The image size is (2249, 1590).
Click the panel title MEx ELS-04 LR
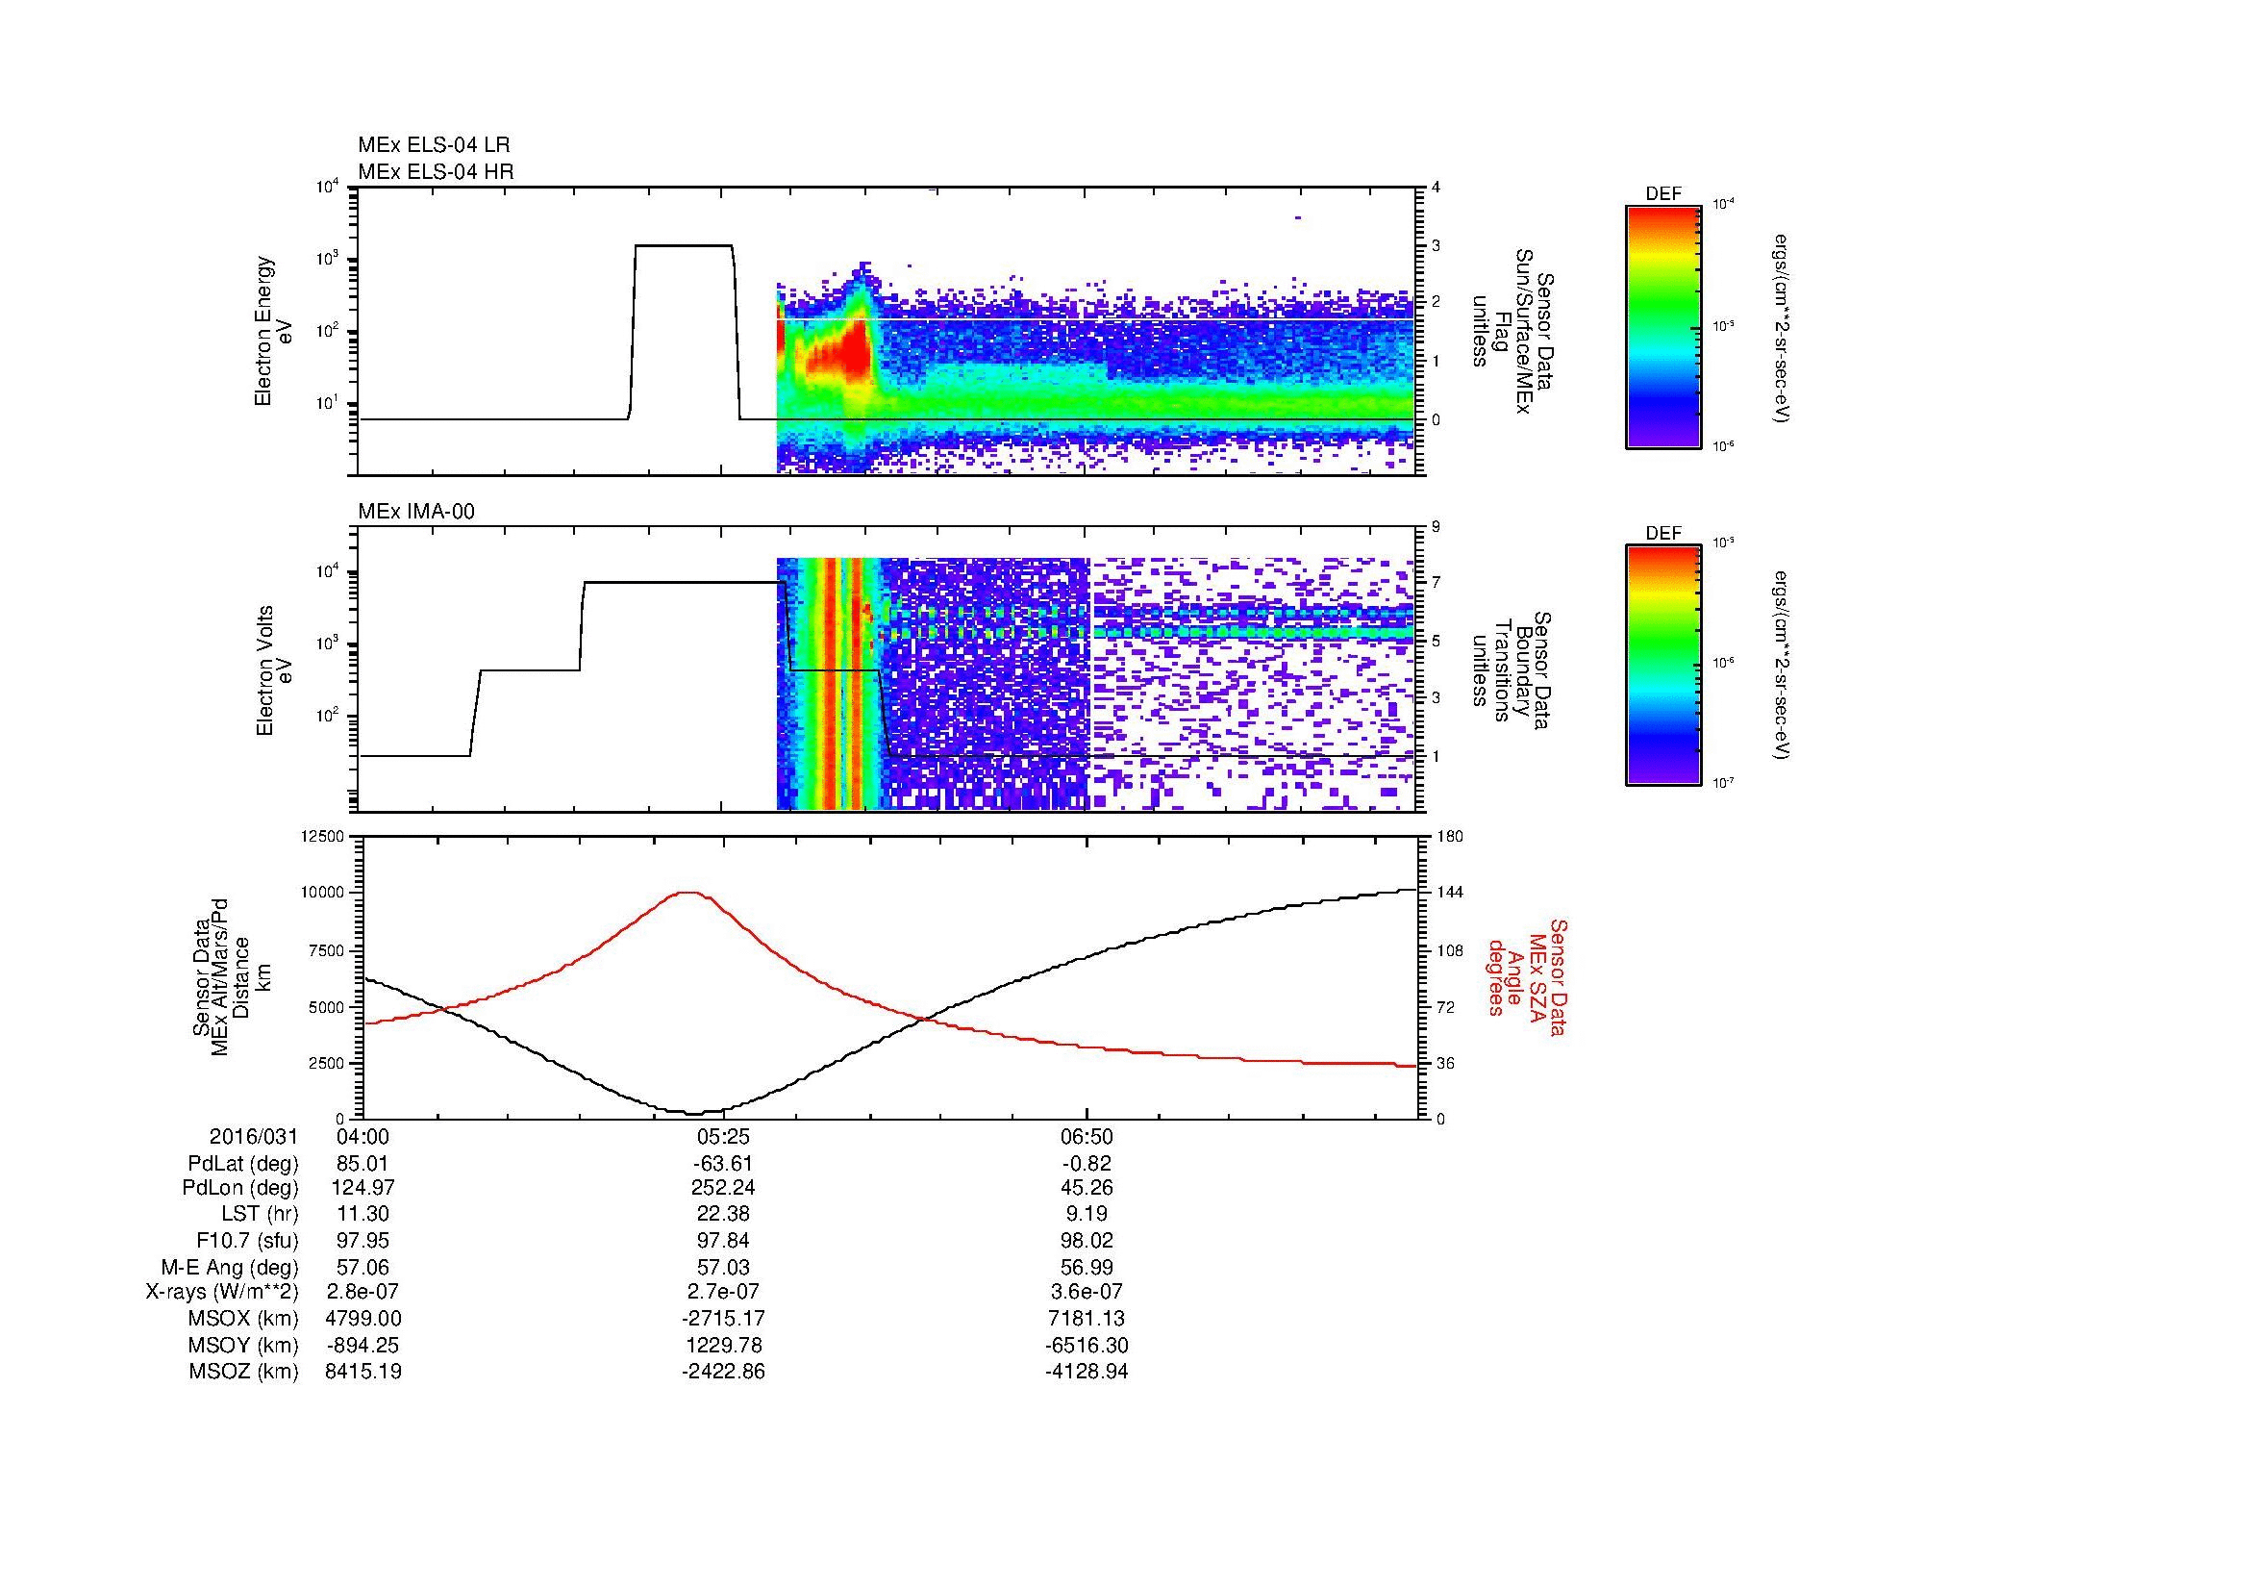433,145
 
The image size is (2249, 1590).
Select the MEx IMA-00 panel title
416,511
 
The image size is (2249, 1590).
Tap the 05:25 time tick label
723,1137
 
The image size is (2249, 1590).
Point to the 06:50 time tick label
1087,1137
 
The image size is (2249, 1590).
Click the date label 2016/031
254,1137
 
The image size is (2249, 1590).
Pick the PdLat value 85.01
363,1164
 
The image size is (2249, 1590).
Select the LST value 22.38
723,1215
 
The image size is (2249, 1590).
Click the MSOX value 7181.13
1087,1319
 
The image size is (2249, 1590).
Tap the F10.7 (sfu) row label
247,1241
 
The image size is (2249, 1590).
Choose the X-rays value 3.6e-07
1087,1292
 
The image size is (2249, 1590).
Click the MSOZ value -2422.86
723,1372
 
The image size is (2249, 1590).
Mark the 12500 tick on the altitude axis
324,837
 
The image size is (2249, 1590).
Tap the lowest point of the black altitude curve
692,1113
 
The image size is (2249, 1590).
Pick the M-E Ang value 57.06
363,1267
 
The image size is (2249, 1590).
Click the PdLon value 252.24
723,1189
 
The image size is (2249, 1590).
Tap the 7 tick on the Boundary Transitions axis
1437,583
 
